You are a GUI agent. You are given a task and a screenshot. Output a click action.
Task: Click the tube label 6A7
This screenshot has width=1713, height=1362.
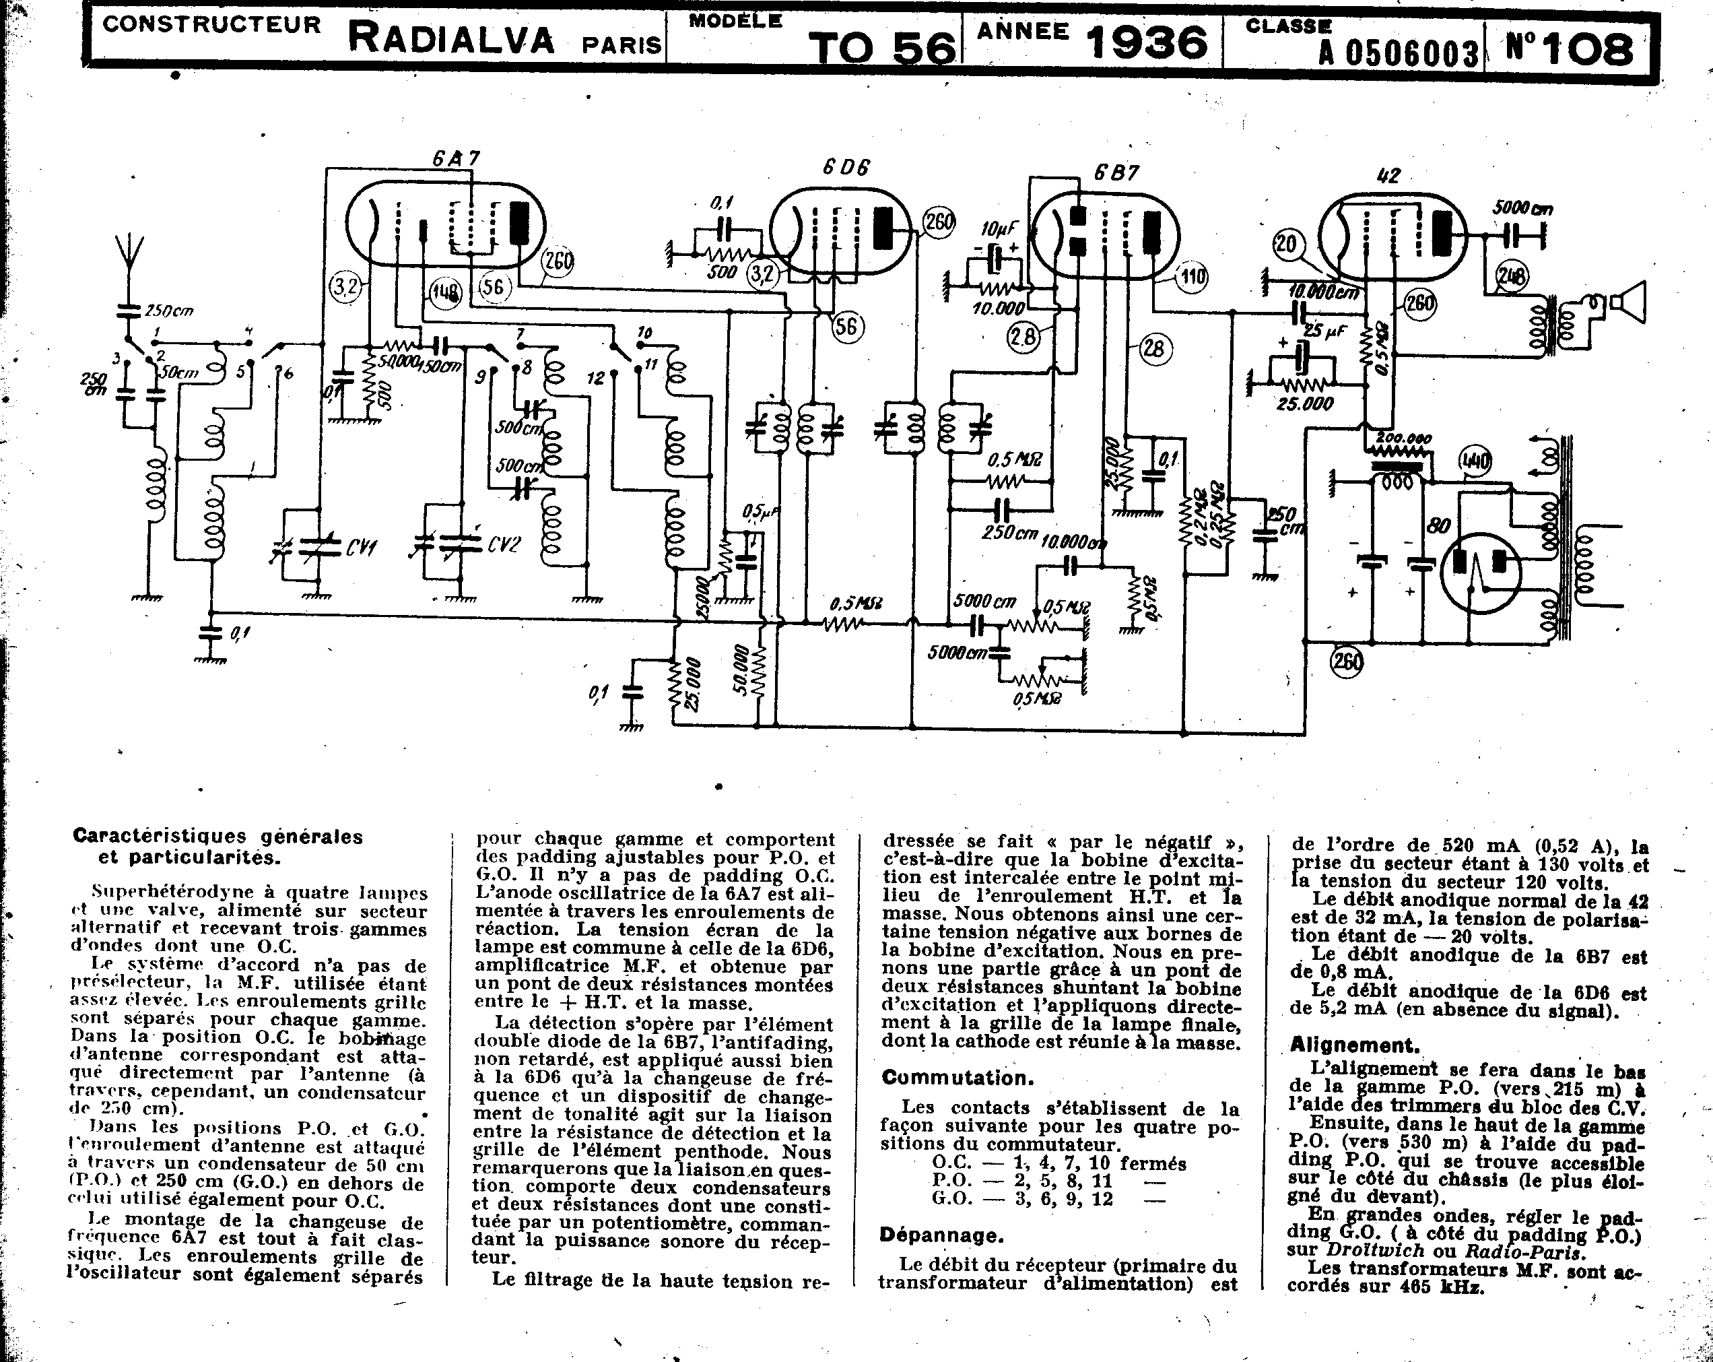(457, 158)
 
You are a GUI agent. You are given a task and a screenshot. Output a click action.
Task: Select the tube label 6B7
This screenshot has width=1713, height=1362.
(1116, 172)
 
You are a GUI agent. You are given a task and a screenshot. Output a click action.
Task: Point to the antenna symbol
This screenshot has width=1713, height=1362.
(127, 253)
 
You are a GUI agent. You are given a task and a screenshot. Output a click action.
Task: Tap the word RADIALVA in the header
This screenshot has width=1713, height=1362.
(451, 38)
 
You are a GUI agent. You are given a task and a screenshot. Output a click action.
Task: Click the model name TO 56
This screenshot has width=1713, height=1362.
(882, 48)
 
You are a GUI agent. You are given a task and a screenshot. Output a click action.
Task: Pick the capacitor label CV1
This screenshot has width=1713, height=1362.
(362, 547)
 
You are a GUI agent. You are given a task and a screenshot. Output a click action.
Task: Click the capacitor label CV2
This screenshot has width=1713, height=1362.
(503, 544)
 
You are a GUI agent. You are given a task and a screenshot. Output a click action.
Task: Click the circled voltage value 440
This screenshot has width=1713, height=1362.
(1475, 461)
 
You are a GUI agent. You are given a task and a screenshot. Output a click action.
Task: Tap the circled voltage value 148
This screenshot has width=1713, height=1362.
(445, 293)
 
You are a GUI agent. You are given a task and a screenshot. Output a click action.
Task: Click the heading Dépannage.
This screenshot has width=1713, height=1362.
(941, 1235)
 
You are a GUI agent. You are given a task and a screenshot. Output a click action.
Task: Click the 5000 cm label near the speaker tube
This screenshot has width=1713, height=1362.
(1522, 209)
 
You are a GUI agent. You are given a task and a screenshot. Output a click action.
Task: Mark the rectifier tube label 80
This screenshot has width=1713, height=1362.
(1439, 526)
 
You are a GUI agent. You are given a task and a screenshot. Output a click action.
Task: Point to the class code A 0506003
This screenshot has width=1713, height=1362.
(1399, 54)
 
